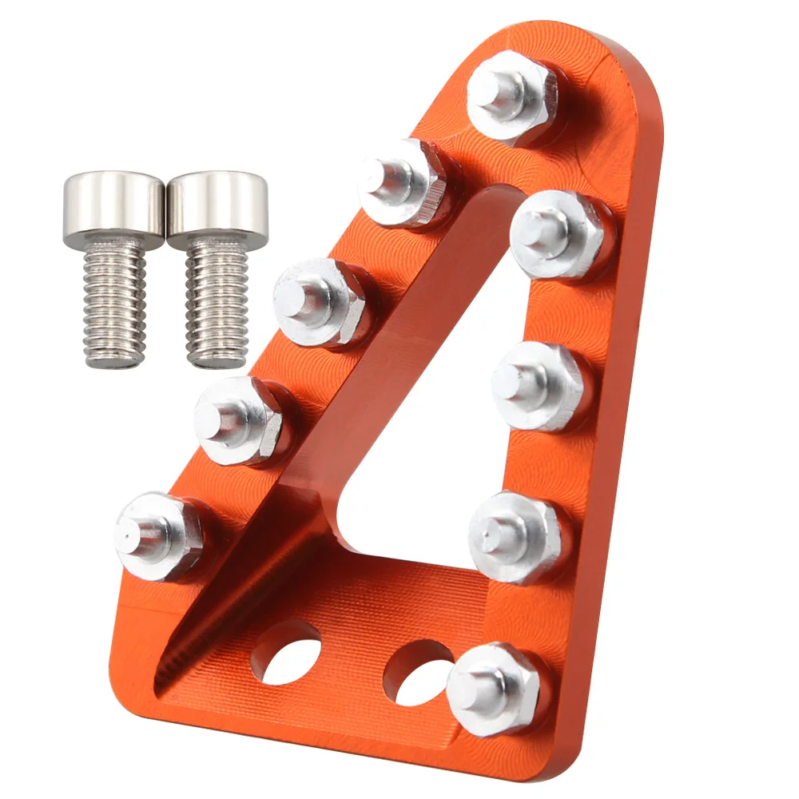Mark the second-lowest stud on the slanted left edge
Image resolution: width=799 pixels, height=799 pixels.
(x=238, y=420)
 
